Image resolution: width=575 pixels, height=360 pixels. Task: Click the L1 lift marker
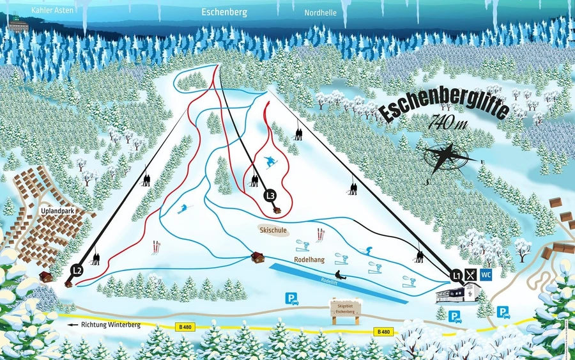pos(456,276)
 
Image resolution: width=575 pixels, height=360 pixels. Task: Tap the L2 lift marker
pos(77,270)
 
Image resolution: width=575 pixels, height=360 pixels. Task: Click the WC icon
pos(486,275)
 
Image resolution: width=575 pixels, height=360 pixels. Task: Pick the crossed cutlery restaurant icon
pos(471,275)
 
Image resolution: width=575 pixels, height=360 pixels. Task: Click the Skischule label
pos(273,229)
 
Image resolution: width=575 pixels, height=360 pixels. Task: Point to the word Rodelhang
pos(309,260)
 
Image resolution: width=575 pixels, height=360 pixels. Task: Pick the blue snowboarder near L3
pos(270,162)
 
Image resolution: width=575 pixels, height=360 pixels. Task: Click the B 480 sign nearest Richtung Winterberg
pos(185,327)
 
